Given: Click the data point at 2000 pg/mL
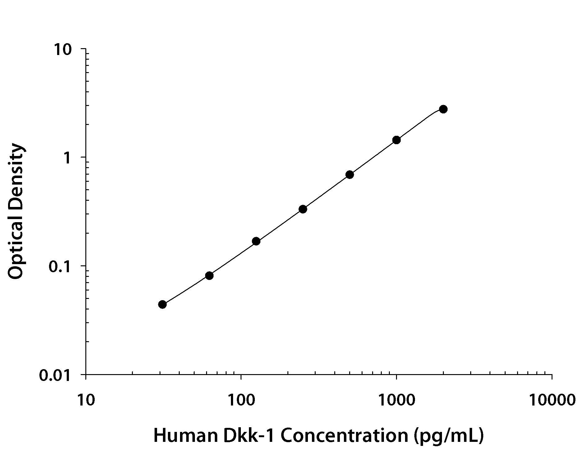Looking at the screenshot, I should [443, 109].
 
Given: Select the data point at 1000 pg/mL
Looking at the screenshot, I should [396, 140].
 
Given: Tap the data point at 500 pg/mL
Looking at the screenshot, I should [349, 175].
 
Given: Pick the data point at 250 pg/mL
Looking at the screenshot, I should [303, 209].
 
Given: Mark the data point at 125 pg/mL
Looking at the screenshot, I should [256, 241].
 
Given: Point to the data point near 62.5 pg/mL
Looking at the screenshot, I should [209, 276].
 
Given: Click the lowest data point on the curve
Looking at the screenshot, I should [162, 304].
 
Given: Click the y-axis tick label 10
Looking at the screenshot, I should [63, 50].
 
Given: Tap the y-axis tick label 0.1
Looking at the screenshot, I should [60, 267].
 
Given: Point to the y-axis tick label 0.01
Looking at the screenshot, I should [55, 375].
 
